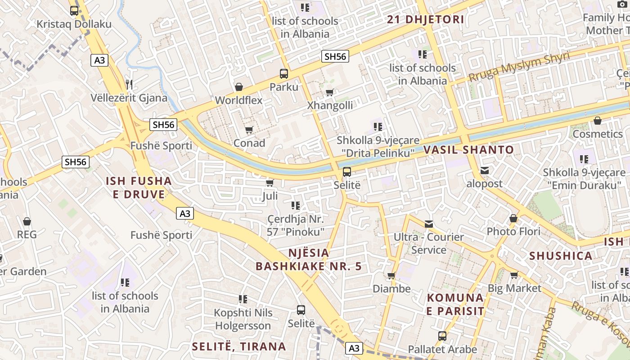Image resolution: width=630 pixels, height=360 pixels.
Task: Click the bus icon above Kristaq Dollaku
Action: tap(74, 11)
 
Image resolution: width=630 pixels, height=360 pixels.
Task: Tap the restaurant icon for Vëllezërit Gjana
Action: tap(129, 84)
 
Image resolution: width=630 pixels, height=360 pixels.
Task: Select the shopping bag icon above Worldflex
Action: tap(239, 87)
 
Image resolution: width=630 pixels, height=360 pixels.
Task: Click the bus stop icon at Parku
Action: tap(284, 73)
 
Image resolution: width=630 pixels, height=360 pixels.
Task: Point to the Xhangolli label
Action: tap(330, 105)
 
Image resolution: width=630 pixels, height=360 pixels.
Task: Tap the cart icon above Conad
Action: tap(249, 130)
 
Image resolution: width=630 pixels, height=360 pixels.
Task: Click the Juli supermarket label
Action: tap(270, 196)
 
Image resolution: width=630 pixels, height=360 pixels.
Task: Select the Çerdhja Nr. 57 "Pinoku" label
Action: tap(296, 225)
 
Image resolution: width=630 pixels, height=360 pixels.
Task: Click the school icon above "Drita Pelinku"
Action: tap(378, 127)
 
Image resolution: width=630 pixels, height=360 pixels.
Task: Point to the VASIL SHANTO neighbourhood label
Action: tap(468, 150)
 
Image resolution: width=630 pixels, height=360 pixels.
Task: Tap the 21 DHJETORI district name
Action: tap(426, 19)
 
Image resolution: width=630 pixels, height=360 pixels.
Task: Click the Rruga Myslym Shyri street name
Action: tap(519, 67)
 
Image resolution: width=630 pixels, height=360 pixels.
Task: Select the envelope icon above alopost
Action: tap(484, 171)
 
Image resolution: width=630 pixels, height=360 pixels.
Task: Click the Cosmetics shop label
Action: tap(598, 134)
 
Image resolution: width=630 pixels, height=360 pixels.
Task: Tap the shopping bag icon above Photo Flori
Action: tap(513, 219)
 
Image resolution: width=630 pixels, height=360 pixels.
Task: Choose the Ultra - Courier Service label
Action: tap(428, 243)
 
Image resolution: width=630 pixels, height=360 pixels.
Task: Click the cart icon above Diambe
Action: tap(391, 275)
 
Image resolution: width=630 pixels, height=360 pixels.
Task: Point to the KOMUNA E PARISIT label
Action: tap(455, 304)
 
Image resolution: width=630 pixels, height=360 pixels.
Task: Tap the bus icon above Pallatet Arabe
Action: tap(442, 336)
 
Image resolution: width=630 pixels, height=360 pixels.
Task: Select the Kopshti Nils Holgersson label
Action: tap(243, 319)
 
